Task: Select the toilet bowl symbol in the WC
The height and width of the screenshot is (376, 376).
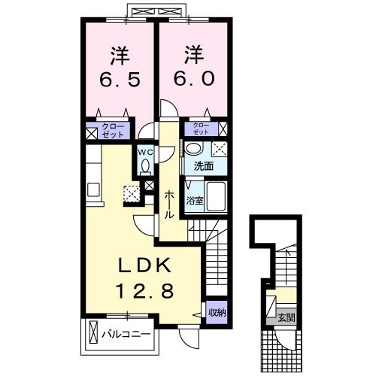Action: [145, 180]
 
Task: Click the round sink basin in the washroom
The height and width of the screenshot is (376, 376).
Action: [194, 148]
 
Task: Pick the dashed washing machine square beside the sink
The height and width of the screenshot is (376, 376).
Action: [220, 148]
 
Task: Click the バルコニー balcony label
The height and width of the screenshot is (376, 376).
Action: [126, 332]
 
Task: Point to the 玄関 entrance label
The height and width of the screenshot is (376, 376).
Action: [285, 317]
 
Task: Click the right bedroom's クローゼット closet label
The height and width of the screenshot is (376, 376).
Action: [202, 127]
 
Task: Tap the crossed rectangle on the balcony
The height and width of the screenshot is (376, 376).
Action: [93, 332]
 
